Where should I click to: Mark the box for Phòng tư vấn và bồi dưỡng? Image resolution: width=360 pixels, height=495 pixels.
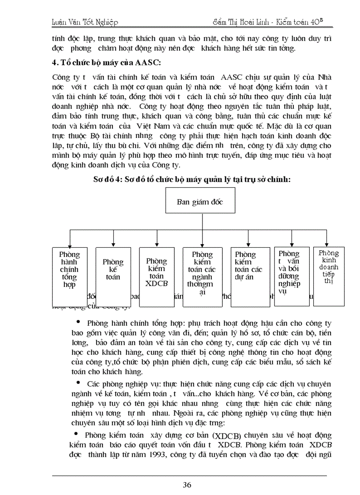291,276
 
